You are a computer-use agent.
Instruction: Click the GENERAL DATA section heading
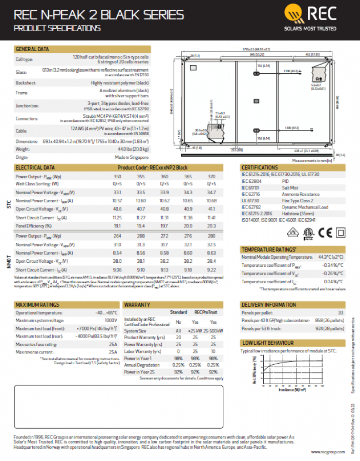[32, 49]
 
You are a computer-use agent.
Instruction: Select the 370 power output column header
[211, 176]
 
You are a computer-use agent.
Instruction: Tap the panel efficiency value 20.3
[211, 225]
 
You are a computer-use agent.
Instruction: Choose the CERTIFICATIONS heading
[260, 167]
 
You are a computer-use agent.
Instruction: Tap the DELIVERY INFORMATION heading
[268, 305]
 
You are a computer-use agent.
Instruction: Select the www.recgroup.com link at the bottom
[326, 452]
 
